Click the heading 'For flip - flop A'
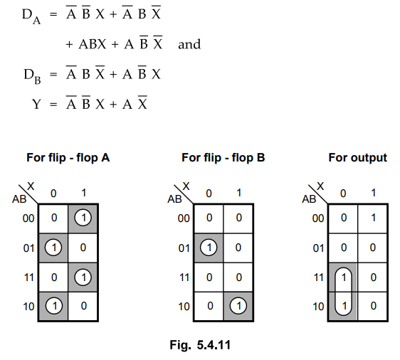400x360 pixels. [x=68, y=157]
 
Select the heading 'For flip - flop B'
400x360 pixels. [x=223, y=157]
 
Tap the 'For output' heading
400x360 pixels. [x=358, y=157]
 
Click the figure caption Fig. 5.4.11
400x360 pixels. [x=200, y=345]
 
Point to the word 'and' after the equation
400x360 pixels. [x=189, y=44]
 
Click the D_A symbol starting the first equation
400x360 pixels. [x=31, y=16]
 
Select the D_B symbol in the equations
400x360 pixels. [x=32, y=76]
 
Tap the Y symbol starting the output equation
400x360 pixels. [x=36, y=104]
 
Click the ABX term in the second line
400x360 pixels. [x=92, y=44]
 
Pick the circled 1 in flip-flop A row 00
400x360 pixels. [x=83, y=218]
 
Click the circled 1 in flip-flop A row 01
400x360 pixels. [x=53, y=248]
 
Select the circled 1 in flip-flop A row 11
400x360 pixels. [x=83, y=277]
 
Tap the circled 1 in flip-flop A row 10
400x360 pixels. [x=54, y=306]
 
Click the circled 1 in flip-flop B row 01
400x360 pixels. [x=209, y=248]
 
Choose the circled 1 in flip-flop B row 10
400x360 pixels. [x=238, y=306]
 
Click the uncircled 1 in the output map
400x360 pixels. [x=373, y=218]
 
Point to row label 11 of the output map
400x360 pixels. [x=319, y=277]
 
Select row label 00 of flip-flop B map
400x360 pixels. [x=184, y=218]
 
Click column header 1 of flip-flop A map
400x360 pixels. [x=83, y=193]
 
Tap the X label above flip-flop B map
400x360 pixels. [x=186, y=186]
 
